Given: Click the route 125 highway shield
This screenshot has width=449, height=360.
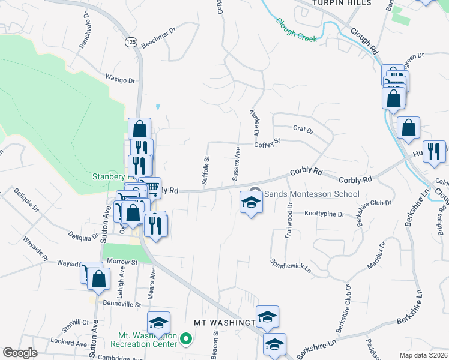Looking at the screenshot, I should coord(131,41).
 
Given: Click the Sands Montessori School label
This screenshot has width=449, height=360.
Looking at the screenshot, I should coord(312,194).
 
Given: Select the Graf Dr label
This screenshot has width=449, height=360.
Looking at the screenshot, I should coord(303,128).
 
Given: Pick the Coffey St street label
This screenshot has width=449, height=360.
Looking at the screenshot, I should coord(267,143).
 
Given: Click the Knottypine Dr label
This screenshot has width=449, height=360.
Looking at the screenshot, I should coord(324,214).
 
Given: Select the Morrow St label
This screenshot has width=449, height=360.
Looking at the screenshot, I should coord(122,262).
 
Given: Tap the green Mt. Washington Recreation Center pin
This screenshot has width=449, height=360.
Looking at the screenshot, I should coord(185,340).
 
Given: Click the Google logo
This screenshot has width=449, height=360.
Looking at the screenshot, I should coord(19,353).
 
